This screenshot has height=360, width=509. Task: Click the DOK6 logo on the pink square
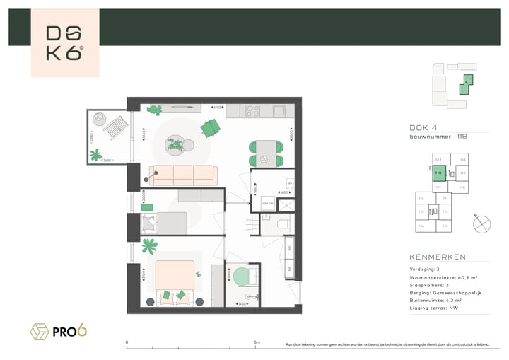coord(64,43)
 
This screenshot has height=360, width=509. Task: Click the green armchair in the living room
coord(210,128)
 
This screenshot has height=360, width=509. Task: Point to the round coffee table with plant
coord(175,146)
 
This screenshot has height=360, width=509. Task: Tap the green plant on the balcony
coord(95,154)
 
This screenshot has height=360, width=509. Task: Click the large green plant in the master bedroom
coord(149,247)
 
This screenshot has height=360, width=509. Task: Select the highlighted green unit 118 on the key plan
coord(438,173)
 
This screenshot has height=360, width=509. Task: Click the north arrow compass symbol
coord(481,223)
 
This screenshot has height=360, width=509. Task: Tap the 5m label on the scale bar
coord(257,343)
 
